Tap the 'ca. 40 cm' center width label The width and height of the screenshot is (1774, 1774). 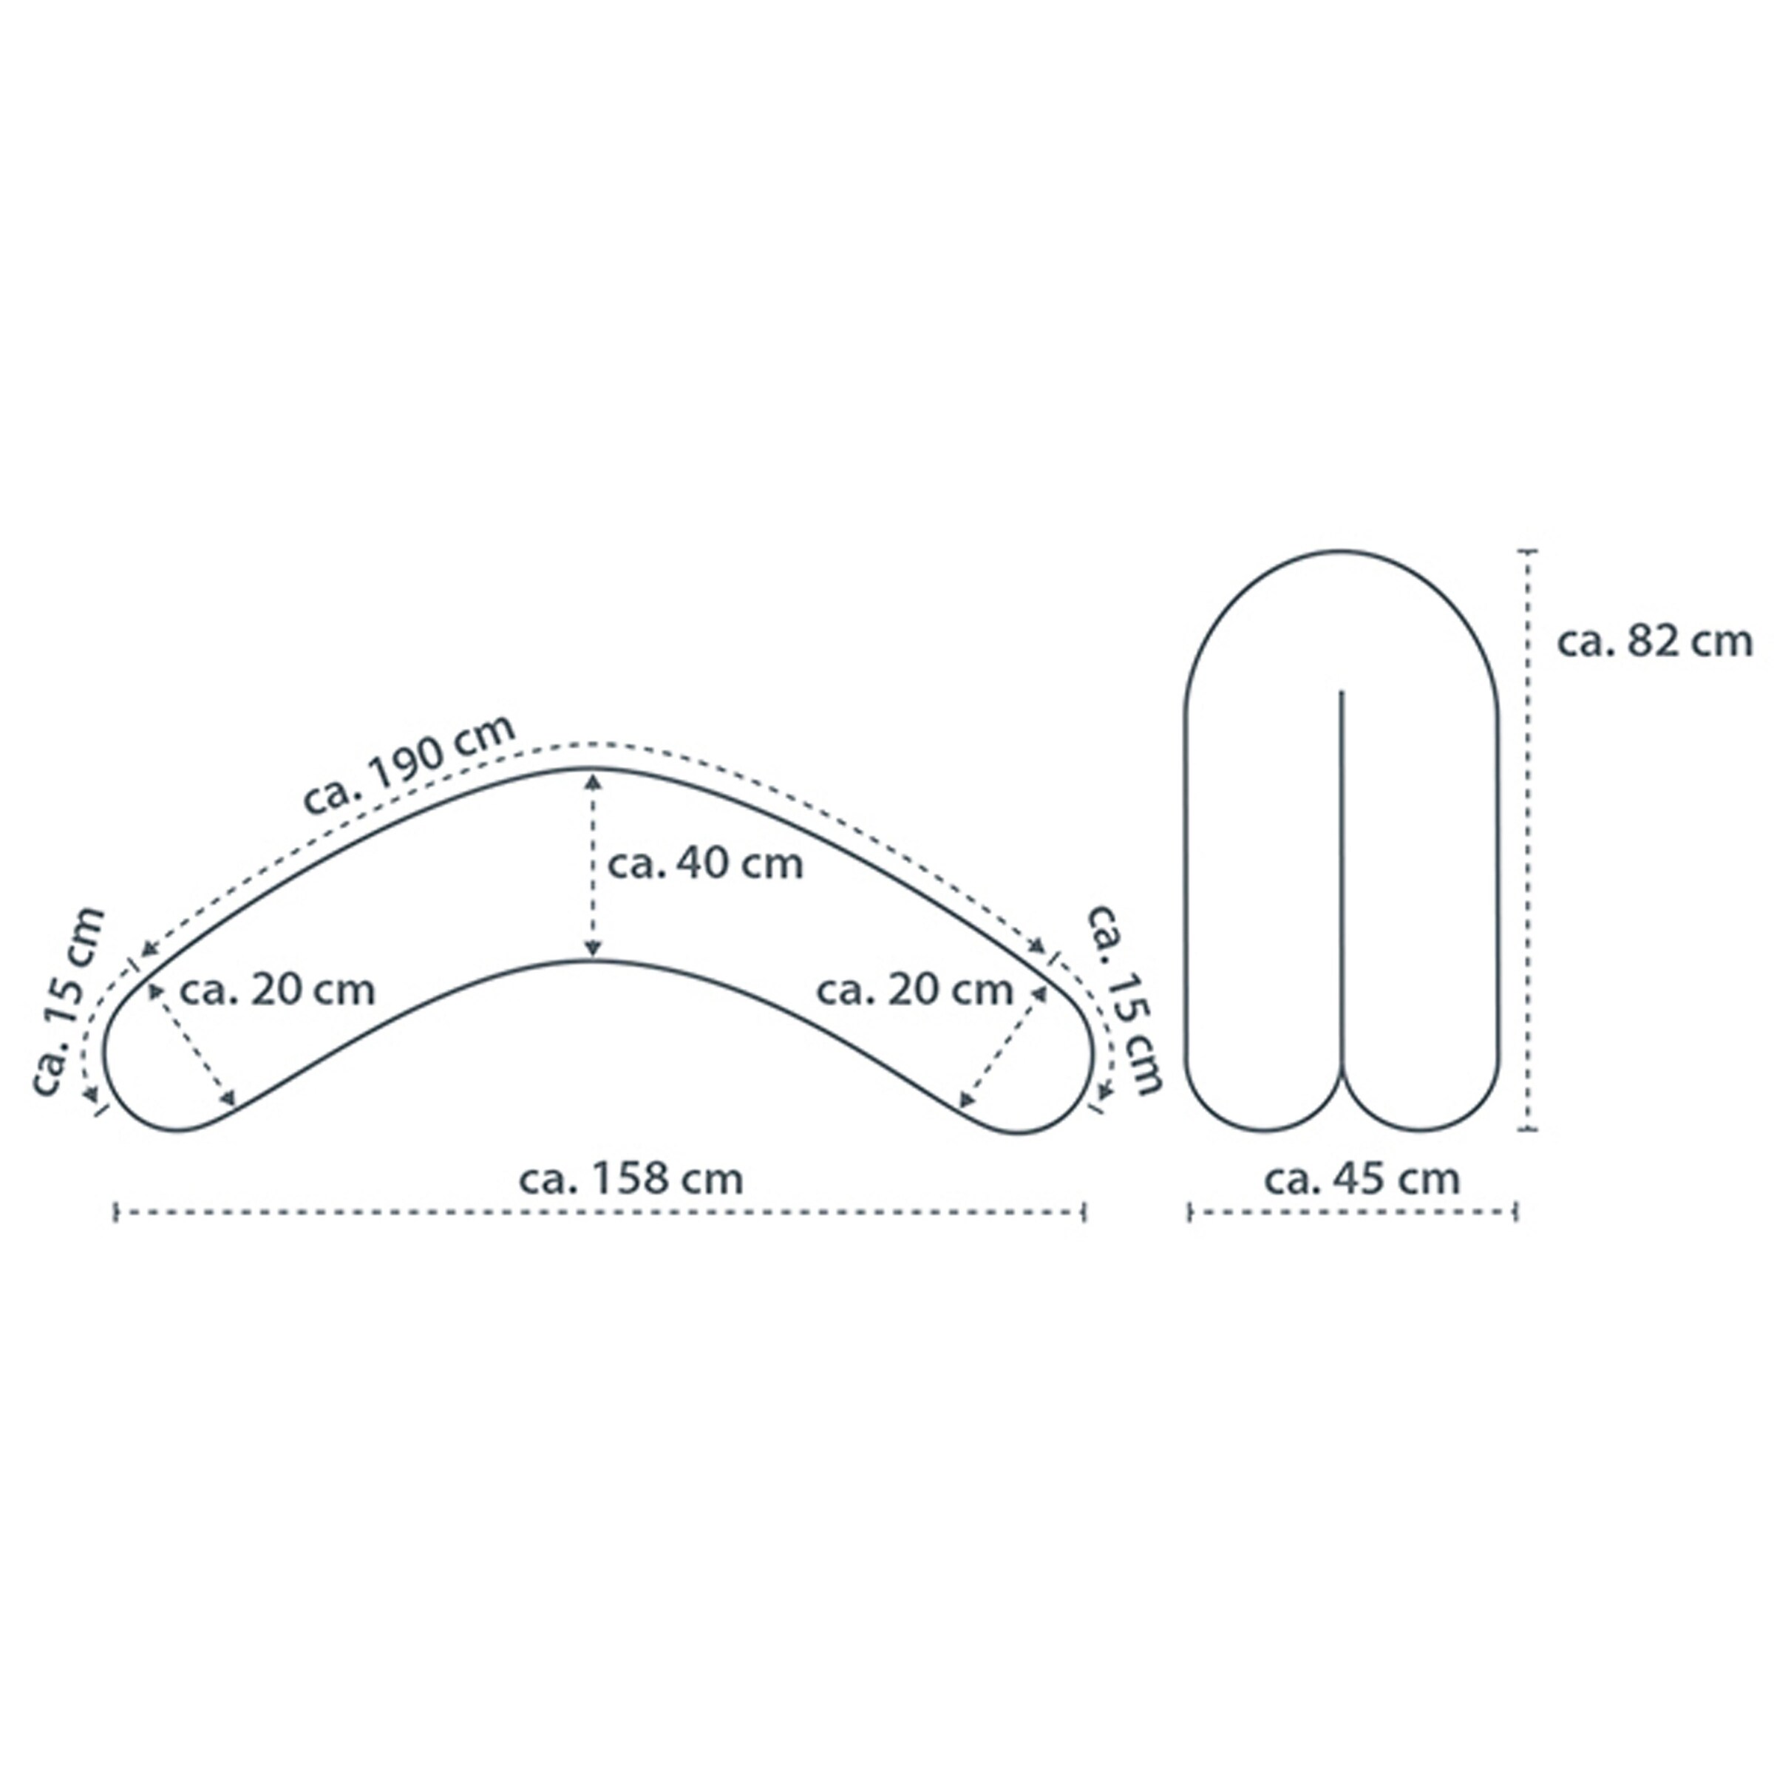705,864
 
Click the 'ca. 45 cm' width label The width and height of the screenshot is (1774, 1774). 1362,1179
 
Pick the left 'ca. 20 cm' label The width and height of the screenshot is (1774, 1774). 277,990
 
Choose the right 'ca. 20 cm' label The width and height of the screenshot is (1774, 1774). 914,990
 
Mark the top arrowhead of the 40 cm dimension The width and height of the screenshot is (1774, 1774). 593,781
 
